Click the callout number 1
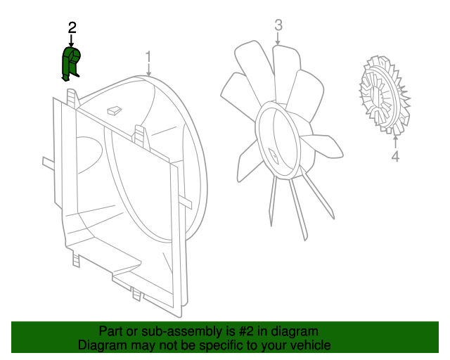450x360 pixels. click(148, 56)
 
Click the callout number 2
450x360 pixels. click(72, 27)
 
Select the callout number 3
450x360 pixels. click(278, 26)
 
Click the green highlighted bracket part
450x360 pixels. click(71, 62)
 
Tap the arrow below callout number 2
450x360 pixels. click(72, 41)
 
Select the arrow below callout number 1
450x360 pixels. click(148, 70)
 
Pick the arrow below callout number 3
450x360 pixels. click(278, 39)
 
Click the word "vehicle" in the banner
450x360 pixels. click(308, 345)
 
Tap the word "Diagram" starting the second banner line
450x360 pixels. click(102, 345)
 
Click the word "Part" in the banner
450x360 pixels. click(110, 331)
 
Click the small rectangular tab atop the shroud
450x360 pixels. click(112, 110)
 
